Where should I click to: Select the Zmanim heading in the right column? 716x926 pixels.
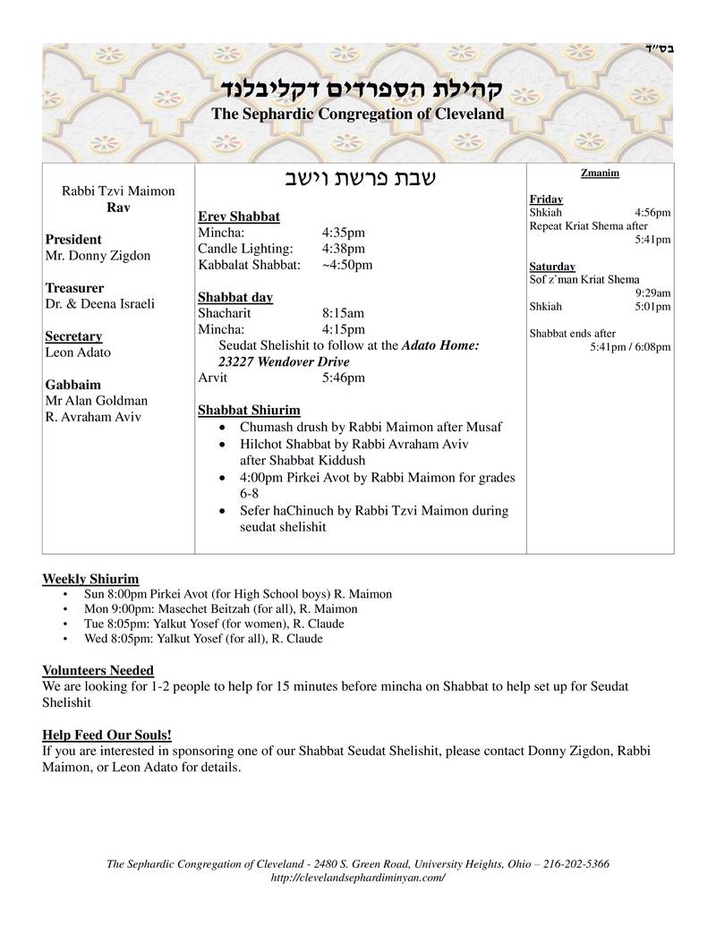point(600,173)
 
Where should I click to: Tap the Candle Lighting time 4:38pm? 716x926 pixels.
point(344,249)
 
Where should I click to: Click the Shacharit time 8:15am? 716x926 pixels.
point(344,313)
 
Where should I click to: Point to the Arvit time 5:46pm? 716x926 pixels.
point(344,378)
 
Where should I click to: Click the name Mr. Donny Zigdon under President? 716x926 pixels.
point(98,256)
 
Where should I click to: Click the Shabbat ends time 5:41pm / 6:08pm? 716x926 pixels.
point(630,346)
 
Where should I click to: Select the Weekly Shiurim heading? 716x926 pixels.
point(90,579)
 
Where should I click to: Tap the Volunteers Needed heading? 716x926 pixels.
point(98,670)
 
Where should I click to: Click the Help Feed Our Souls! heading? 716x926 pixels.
point(107,735)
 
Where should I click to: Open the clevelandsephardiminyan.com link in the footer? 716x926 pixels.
point(357,878)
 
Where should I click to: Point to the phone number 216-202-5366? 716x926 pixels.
point(569,864)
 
